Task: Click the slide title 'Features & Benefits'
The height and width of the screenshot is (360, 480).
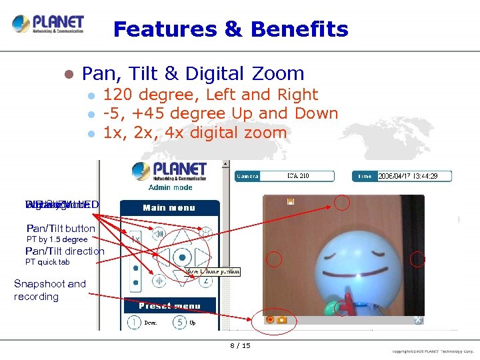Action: [231, 29]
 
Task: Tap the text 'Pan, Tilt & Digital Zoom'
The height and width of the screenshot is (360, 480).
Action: [193, 73]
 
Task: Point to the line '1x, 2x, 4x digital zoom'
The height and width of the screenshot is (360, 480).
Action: [195, 133]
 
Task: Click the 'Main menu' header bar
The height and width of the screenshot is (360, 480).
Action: [169, 207]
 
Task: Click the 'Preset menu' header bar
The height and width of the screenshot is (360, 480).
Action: [169, 306]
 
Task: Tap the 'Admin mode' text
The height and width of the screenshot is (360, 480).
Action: [170, 188]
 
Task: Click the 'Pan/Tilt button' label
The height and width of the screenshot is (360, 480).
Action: [61, 229]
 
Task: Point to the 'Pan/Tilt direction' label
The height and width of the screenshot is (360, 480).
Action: [65, 251]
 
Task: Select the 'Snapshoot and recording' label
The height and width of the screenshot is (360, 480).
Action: [49, 290]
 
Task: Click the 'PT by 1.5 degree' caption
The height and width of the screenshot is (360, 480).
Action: [57, 239]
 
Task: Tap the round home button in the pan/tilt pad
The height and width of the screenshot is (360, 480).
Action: [180, 257]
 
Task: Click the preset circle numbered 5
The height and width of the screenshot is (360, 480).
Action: [179, 322]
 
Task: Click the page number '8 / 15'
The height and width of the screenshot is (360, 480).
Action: [240, 346]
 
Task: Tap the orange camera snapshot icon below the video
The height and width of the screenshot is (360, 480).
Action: [282, 319]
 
